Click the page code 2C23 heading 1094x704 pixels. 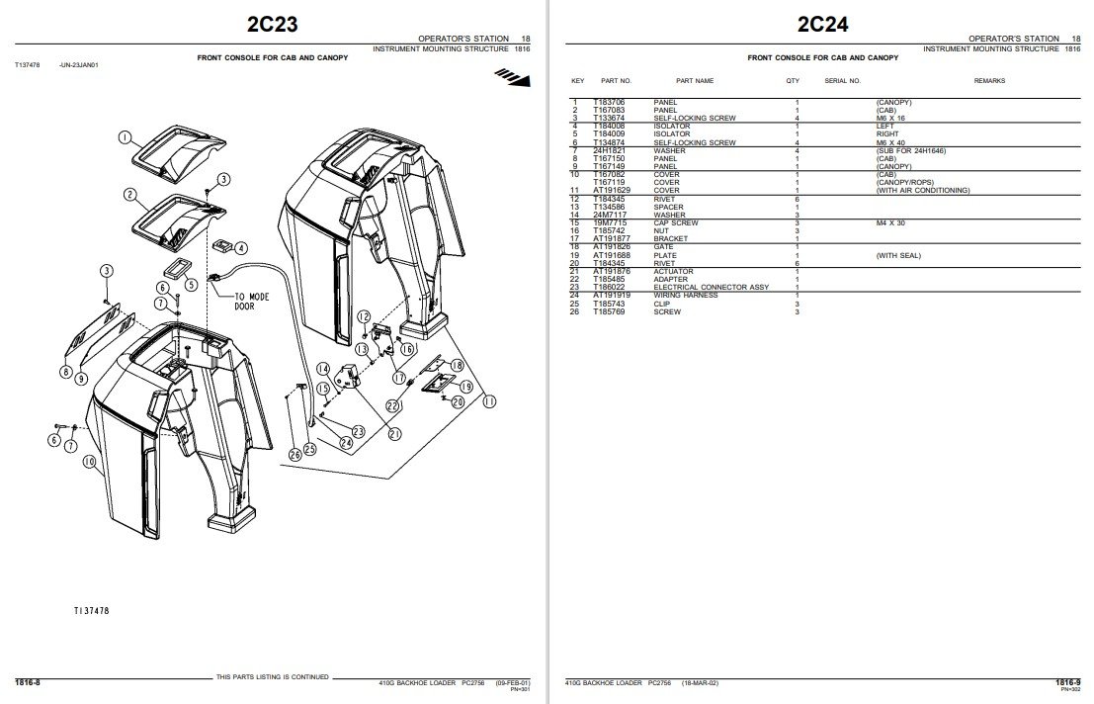click(x=271, y=24)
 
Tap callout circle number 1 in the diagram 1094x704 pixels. click(x=126, y=137)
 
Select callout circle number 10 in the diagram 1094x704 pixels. click(x=88, y=462)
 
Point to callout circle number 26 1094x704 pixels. click(x=295, y=455)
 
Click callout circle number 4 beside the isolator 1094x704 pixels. click(x=241, y=248)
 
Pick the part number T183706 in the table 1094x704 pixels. click(x=609, y=102)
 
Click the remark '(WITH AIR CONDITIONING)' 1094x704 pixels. click(x=922, y=190)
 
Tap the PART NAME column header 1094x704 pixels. click(x=694, y=81)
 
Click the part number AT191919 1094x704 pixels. click(x=611, y=296)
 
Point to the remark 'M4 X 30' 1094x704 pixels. click(x=890, y=222)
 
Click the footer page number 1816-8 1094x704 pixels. click(x=27, y=682)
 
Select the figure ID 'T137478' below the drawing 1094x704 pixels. click(x=91, y=611)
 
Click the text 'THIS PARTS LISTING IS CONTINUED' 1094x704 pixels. click(x=273, y=677)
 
